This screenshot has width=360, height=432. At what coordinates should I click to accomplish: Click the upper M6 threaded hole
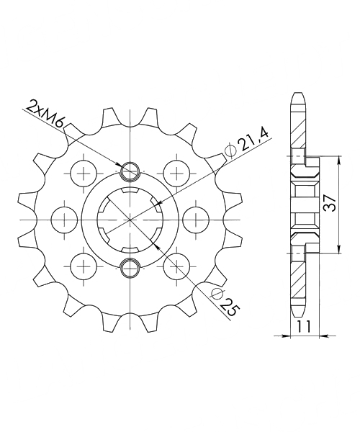point(130,171)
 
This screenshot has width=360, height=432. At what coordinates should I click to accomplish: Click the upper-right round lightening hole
point(176,172)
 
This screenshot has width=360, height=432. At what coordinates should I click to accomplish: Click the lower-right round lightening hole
point(176,265)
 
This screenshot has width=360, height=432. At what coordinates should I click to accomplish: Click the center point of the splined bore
point(130,218)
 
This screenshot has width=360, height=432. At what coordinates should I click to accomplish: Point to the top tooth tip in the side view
point(299,95)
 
